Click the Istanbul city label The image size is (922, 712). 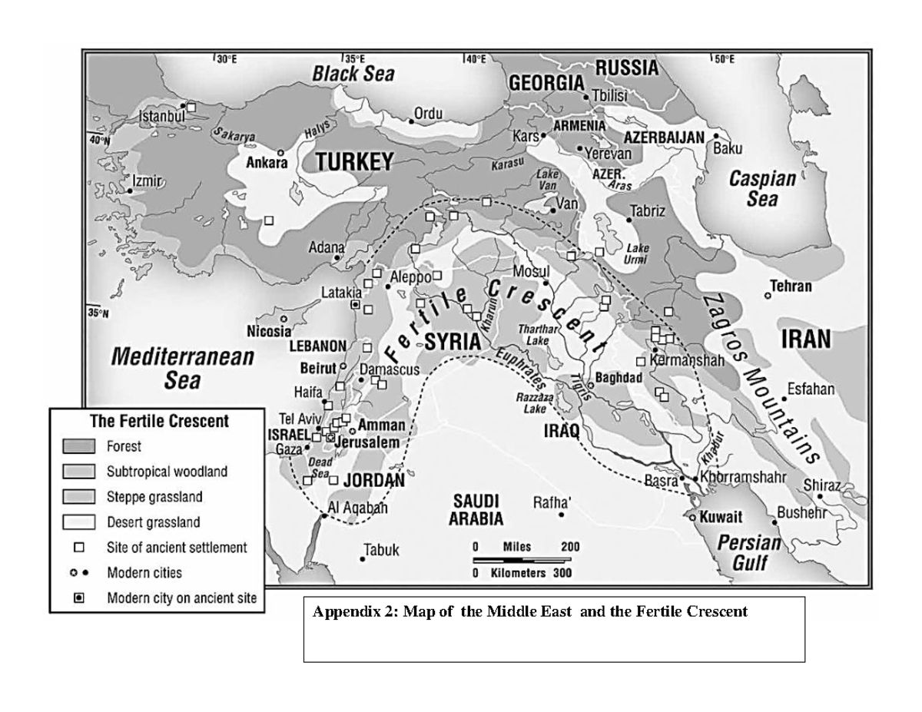tap(162, 116)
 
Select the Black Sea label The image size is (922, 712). tap(353, 74)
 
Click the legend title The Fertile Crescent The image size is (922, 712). tap(159, 422)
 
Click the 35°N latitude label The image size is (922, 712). tap(99, 313)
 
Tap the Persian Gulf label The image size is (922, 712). tap(748, 553)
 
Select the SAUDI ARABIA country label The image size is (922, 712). tap(476, 510)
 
